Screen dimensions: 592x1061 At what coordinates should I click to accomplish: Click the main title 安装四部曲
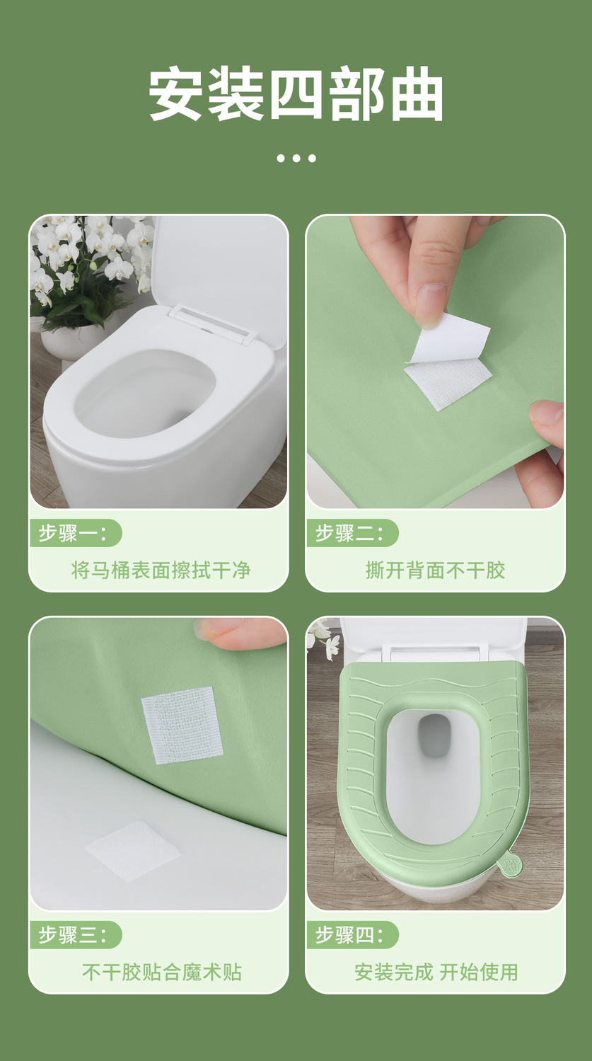point(296,95)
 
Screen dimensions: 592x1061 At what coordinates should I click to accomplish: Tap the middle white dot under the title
point(296,159)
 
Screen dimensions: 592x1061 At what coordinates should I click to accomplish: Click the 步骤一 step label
point(73,534)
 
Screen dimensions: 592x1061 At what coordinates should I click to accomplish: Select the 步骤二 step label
point(349,534)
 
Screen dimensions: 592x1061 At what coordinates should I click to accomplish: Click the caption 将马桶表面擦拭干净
point(161,570)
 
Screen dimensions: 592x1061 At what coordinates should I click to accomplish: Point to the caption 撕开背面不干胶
point(436,570)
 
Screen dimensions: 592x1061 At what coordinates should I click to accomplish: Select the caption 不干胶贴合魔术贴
point(162,973)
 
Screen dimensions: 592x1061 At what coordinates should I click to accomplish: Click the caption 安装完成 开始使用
point(436,973)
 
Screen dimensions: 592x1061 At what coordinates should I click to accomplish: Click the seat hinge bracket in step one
point(213,323)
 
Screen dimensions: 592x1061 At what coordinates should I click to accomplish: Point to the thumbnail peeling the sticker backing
point(431,303)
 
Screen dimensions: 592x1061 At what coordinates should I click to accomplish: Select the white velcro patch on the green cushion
point(182,726)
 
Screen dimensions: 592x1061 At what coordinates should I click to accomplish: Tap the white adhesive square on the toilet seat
point(133,850)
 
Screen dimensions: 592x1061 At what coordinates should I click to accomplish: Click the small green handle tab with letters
point(511,865)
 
